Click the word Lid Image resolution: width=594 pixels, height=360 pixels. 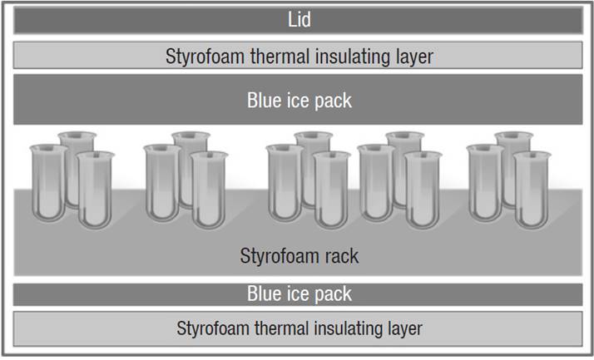click(x=298, y=20)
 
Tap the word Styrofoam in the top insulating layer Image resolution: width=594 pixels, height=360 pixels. click(x=202, y=57)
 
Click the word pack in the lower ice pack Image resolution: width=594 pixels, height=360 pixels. click(x=333, y=293)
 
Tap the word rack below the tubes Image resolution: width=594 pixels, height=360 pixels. click(x=341, y=255)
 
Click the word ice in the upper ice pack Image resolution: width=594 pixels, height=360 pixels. click(x=297, y=101)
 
